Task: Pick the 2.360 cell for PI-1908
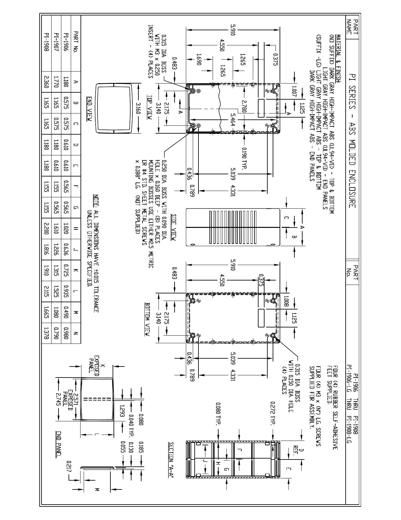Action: pyautogui.click(x=47, y=82)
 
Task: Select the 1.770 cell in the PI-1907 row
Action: pyautogui.click(x=56, y=82)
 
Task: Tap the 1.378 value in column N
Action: pyautogui.click(x=47, y=333)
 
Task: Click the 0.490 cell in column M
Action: pyautogui.click(x=66, y=312)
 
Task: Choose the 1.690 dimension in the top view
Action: pyautogui.click(x=199, y=59)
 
